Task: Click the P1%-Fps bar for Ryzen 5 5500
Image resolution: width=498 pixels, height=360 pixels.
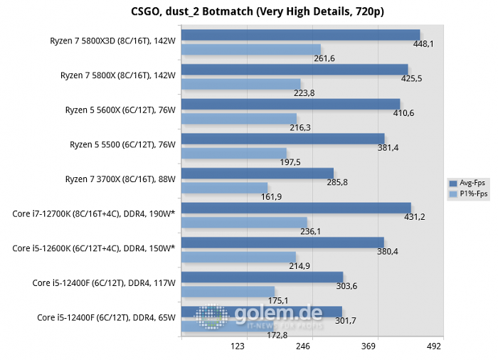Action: pos(234,153)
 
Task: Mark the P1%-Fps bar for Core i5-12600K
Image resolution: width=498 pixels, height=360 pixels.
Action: pos(238,256)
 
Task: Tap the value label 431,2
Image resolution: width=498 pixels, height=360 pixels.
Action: pos(414,216)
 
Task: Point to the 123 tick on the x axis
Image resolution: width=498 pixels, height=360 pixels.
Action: pos(238,347)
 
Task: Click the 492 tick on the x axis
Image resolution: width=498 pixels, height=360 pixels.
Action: pos(434,347)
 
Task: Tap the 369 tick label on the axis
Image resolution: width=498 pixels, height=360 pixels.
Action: pos(369,347)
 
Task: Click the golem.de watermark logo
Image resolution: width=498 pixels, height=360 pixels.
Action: pos(260,316)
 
